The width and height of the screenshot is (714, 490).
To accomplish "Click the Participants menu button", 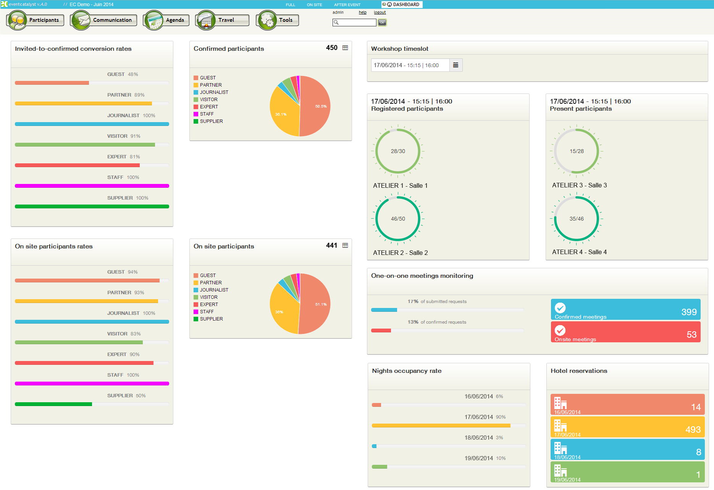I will pos(36,20).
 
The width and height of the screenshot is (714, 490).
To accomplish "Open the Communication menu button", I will pos(104,20).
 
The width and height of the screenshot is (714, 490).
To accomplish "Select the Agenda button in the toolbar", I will pos(166,20).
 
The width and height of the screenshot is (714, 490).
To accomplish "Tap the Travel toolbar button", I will pos(222,20).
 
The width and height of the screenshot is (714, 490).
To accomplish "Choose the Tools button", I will pos(278,20).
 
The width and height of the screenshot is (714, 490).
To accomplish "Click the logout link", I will pos(380,13).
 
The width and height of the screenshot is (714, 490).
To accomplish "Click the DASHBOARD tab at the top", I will pos(402,5).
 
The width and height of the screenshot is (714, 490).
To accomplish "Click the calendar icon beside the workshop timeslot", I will pos(456,65).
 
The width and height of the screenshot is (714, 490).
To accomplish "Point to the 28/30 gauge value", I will pos(398,152).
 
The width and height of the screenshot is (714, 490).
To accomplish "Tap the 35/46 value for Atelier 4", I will pos(577,219).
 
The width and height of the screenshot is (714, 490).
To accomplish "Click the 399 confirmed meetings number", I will pos(689,312).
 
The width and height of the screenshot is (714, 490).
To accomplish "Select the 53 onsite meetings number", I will pos(691,335).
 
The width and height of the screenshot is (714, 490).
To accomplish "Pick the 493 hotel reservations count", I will pos(693,430).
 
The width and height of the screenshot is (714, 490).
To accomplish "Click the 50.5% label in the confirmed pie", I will pos(321,106).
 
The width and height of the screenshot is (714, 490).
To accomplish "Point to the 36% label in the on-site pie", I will pos(279,312).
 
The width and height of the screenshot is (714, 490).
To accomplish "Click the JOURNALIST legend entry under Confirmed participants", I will pos(214,92).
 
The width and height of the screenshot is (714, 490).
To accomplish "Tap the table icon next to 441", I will pos(345,245).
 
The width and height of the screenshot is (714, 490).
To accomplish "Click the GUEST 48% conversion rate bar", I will pos(52,83).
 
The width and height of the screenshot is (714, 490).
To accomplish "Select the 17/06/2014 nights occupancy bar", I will pos(441,426).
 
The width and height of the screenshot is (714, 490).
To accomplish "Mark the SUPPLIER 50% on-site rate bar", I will pos(53,404).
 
